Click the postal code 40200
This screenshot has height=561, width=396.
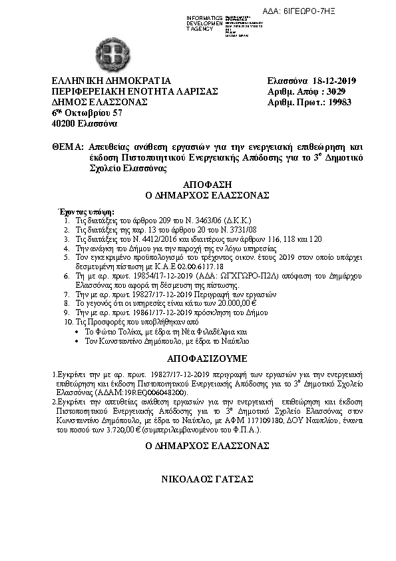click(64, 124)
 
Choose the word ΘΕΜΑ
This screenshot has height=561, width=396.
click(66, 146)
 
